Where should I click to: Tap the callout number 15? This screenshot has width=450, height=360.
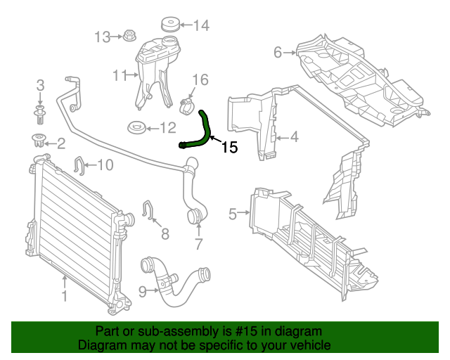point(230,148)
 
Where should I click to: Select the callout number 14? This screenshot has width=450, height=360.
point(201,27)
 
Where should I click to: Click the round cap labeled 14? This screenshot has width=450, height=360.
point(169,25)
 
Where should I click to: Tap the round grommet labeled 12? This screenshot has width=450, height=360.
point(136,128)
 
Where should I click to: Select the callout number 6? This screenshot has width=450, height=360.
point(278,52)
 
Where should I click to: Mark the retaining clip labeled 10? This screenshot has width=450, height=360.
point(79,166)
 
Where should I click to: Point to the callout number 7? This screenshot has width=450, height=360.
point(198,245)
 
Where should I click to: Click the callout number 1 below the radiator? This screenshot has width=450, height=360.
point(64,297)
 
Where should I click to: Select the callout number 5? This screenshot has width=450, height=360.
point(233,214)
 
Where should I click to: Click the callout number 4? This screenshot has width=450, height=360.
point(295,136)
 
